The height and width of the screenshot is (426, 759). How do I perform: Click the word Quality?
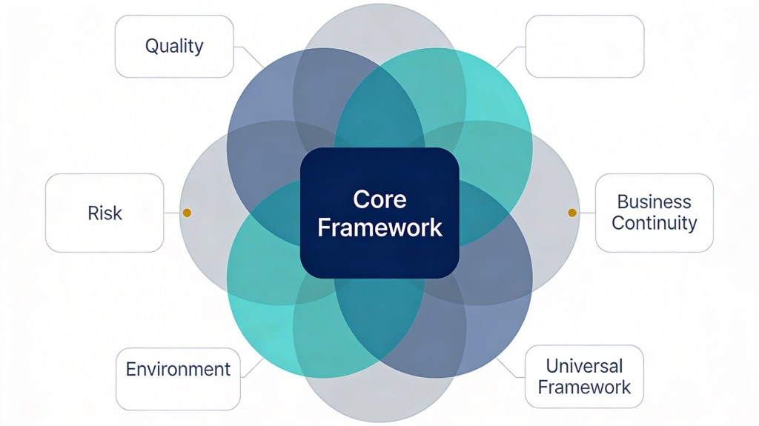click(174, 46)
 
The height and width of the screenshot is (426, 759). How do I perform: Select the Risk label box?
click(105, 213)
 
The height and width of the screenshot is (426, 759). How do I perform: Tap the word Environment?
click(178, 369)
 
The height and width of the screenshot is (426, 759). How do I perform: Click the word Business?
click(654, 202)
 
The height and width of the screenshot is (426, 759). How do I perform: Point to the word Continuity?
click(654, 222)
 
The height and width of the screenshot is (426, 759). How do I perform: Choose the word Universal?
click(584, 365)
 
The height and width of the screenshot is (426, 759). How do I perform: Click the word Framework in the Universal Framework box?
click(584, 386)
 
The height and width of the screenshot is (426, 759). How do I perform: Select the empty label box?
click(584, 46)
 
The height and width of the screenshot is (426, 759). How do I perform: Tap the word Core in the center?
click(379, 200)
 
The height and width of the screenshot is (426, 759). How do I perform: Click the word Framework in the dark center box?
click(379, 227)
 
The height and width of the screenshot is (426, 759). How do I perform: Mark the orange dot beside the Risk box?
click(187, 213)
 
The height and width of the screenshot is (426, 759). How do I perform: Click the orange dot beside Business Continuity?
click(572, 213)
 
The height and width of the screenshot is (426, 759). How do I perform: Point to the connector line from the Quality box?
click(249, 56)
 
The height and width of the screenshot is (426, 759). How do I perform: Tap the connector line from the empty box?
click(510, 56)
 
